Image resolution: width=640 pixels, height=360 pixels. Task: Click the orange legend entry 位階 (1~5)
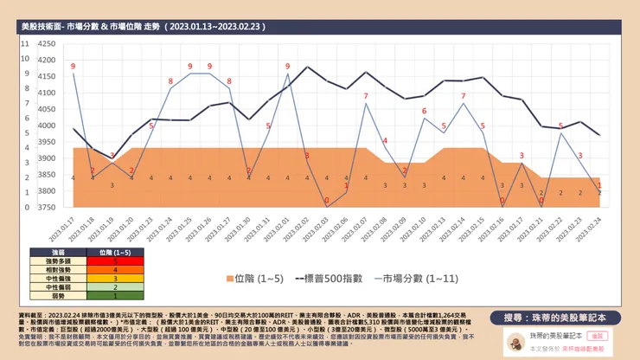point(253,279)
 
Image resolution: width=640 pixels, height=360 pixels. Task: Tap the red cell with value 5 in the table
point(115,260)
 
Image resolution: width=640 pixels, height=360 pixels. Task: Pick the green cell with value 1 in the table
point(115,296)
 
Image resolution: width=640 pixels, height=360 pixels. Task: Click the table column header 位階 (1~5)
point(115,252)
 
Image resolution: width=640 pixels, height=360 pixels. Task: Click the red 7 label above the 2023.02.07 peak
point(366,95)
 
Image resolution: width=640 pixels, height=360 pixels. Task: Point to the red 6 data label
point(424,112)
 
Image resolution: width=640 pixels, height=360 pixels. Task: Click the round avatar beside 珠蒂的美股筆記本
point(511,341)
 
